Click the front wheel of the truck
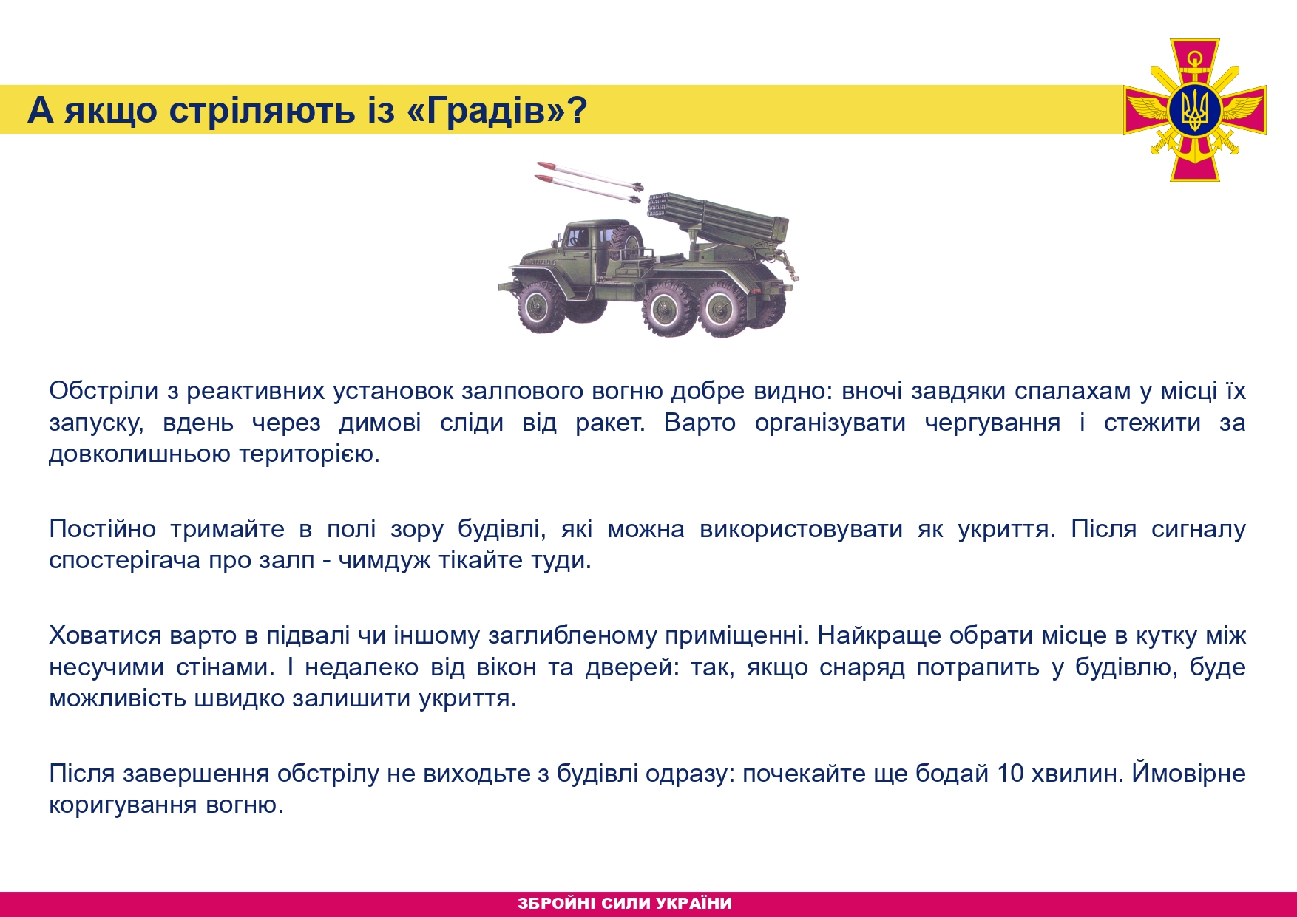[x=539, y=307]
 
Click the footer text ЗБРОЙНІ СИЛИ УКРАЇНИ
[x=625, y=903]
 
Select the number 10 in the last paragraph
[x=1010, y=773]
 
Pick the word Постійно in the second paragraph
[x=102, y=528]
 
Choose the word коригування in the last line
[x=123, y=805]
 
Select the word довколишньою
[x=140, y=454]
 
